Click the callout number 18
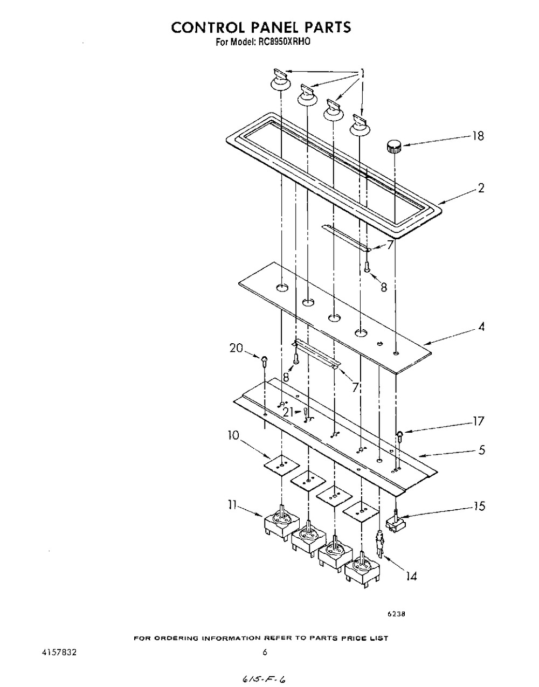(x=478, y=136)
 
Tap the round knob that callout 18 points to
(x=393, y=147)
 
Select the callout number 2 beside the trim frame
(x=480, y=188)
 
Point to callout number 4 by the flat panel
(x=481, y=327)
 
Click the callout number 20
(x=236, y=349)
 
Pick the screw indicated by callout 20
(x=264, y=360)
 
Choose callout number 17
(x=478, y=421)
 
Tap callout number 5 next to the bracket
(x=481, y=449)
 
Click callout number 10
(x=233, y=436)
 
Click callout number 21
(x=288, y=412)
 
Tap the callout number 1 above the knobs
(x=362, y=74)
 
